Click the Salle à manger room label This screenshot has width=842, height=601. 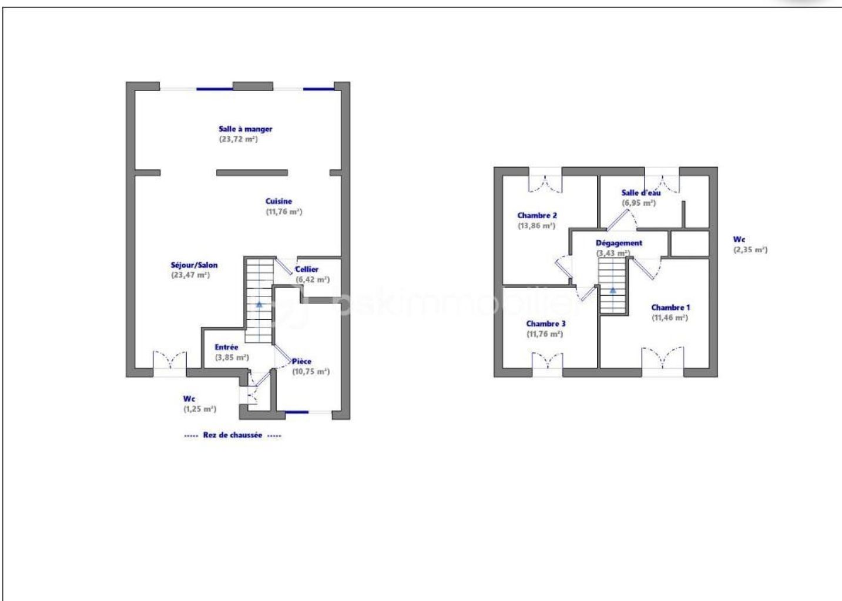pos(246,129)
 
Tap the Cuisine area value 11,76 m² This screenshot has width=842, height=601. pos(284,212)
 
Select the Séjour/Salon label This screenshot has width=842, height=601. pos(194,265)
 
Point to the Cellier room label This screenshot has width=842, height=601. pos(307,269)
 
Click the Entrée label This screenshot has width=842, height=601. pos(226,347)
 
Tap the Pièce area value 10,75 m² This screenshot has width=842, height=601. pos(311,372)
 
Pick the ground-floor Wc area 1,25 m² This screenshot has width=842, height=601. pos(200,409)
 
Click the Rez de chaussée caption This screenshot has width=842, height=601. pos(232,435)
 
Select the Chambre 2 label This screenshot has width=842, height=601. pos(537,215)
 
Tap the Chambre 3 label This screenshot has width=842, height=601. pos(546,323)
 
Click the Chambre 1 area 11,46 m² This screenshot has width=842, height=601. pos(670,318)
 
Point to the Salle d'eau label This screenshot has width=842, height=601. pos(641,192)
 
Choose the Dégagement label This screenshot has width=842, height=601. pos(619,243)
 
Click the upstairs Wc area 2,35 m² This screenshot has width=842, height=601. pos(750,250)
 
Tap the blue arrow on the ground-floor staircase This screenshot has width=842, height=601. pos(259,304)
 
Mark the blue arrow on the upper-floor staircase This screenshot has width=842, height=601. pos(613,290)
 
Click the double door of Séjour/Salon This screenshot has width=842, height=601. pos(170,360)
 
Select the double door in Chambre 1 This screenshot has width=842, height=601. pos(662,358)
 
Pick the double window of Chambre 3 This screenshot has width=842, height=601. pos(548,360)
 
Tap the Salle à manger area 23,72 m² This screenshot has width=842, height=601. pos(239,139)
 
